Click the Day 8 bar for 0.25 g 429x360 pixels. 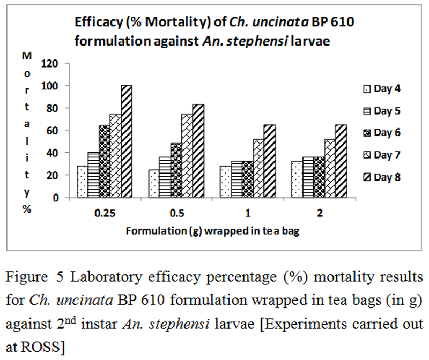(x=127, y=141)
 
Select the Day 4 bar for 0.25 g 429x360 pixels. (x=82, y=182)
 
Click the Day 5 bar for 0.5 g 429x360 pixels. (x=165, y=177)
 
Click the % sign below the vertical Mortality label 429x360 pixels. (x=26, y=209)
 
